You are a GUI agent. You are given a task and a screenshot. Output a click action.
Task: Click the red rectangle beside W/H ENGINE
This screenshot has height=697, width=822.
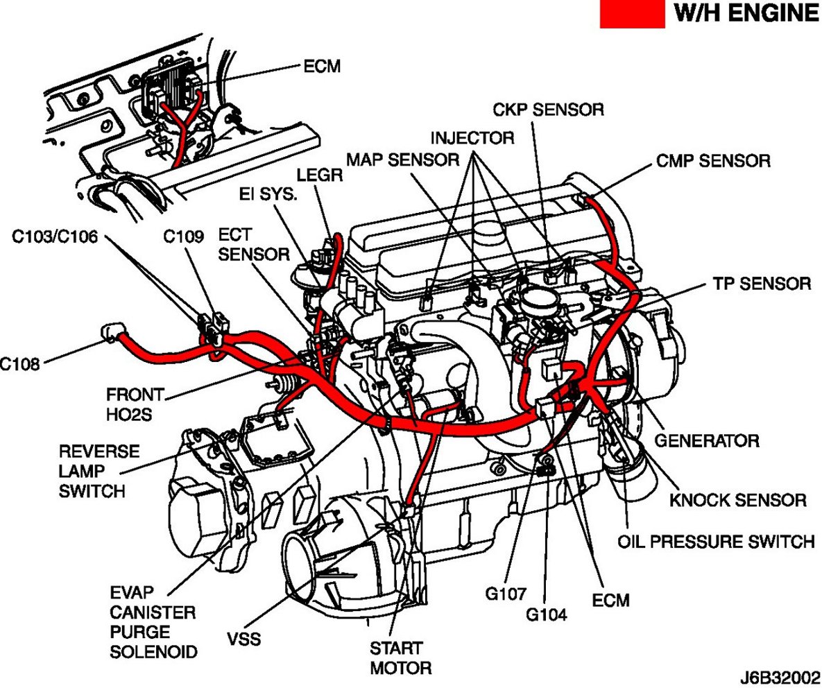(x=632, y=15)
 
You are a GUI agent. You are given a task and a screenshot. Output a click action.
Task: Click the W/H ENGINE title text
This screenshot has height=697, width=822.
(x=745, y=15)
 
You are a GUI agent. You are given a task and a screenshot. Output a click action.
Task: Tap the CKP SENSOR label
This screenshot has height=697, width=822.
(x=548, y=110)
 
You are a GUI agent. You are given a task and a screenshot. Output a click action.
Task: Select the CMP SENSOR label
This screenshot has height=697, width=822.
(x=712, y=162)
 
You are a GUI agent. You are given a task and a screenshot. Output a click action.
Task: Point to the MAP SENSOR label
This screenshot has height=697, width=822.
(x=402, y=160)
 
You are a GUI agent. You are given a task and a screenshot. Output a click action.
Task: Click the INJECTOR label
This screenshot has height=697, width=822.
(x=472, y=138)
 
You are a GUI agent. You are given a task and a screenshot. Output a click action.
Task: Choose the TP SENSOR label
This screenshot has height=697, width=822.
(x=761, y=284)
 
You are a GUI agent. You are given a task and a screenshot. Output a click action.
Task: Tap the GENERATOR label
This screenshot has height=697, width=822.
(x=707, y=440)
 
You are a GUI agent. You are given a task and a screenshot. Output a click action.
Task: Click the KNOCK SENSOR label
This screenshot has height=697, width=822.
(x=737, y=501)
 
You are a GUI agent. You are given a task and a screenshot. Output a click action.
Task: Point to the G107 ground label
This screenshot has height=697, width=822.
(x=506, y=594)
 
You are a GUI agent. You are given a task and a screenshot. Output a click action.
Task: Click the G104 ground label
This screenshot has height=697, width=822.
(x=546, y=614)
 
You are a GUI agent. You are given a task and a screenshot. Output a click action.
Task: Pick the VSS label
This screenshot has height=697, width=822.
(x=244, y=638)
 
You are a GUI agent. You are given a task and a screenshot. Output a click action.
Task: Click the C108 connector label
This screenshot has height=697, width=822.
(x=20, y=362)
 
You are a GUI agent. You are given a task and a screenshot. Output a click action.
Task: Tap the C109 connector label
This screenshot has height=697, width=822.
(x=184, y=237)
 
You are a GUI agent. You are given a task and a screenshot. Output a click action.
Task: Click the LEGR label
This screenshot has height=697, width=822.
(x=319, y=175)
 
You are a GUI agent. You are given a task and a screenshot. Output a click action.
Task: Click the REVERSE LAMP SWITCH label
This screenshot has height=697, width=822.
(x=89, y=471)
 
